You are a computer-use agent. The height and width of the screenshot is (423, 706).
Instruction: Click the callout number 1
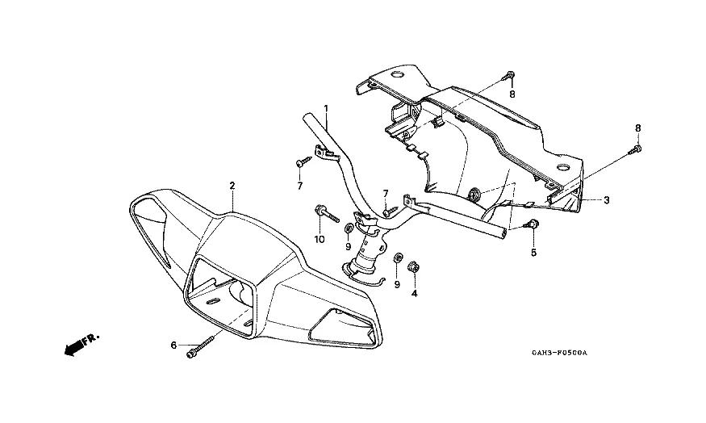pos(326,108)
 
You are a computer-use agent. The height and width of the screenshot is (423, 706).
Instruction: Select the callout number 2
pos(232,186)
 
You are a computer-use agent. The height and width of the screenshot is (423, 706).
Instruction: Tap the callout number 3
pos(607,200)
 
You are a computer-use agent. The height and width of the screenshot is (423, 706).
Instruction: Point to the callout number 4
pos(415,294)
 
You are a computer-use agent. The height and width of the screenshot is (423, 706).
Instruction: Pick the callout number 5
pos(533,253)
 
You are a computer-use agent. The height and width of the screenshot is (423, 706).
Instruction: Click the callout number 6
pos(173,346)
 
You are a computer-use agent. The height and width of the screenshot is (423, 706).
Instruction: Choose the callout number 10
pos(320,240)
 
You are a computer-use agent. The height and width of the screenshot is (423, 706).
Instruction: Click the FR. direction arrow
pos(79,345)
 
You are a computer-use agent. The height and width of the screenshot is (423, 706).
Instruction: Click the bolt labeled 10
pos(324,213)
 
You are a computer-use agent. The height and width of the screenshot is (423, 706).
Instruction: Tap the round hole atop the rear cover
pos(398,76)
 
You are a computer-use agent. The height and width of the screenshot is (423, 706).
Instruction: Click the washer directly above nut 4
pos(398,258)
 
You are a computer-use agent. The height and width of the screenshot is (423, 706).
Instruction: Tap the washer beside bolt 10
pos(348,227)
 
